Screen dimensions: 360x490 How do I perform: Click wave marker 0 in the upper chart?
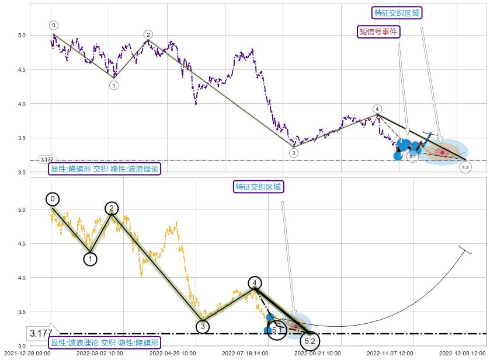[x=54, y=25]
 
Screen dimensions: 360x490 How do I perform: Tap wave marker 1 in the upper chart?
[x=114, y=85]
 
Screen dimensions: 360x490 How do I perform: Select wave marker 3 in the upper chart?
[x=294, y=153]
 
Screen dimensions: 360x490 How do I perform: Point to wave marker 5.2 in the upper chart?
[x=465, y=167]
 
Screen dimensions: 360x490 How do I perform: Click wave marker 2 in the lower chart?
[x=112, y=208]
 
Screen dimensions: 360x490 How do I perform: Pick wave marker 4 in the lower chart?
[x=255, y=284]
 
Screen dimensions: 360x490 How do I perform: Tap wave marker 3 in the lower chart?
[x=202, y=327]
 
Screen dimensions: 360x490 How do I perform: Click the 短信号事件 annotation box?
[x=378, y=32]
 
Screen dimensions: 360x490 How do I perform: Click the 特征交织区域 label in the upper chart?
[x=397, y=13]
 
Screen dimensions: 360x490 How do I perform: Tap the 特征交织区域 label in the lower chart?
[x=258, y=187]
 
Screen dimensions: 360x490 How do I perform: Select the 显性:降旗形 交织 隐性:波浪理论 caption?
[x=105, y=169]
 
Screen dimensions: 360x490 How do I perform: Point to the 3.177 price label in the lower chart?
[x=41, y=334]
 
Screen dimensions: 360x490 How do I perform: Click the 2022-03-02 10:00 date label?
[x=99, y=353]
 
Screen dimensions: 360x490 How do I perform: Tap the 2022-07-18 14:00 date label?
[x=245, y=353]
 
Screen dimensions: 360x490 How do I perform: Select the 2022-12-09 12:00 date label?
[x=462, y=353]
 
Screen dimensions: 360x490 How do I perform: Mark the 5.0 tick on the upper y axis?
[x=22, y=36]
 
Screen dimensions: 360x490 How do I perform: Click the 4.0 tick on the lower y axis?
[x=22, y=278]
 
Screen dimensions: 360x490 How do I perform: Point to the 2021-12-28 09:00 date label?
[x=27, y=353]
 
